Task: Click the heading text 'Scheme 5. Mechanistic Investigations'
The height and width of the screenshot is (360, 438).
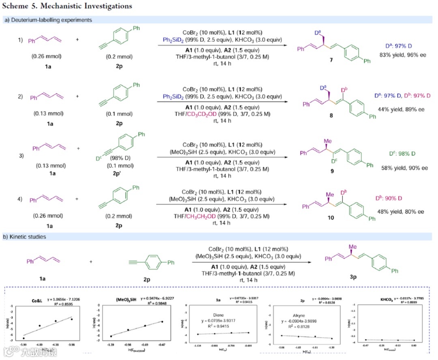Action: click(x=67, y=6)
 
